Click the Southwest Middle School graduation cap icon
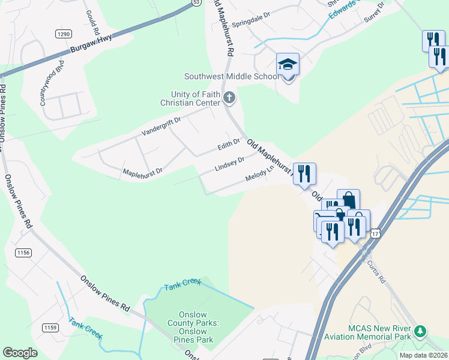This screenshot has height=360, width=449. click(x=288, y=64)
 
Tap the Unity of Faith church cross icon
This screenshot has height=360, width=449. click(x=228, y=97)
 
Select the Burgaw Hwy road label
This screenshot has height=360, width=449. click(x=92, y=48)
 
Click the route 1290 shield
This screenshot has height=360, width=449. click(x=64, y=34)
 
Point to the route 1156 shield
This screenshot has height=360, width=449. click(x=23, y=253)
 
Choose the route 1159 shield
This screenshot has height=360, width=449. click(x=50, y=327)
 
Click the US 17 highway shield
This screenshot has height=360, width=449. click(x=375, y=232)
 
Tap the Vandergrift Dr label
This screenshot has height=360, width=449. click(x=161, y=125)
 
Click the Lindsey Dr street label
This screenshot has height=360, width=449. click(x=229, y=164)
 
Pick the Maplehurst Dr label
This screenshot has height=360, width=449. click(x=142, y=172)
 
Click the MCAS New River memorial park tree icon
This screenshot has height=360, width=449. click(x=421, y=331)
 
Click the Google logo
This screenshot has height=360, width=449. click(x=20, y=353)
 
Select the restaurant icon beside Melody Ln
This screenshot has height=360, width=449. click(x=304, y=173)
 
